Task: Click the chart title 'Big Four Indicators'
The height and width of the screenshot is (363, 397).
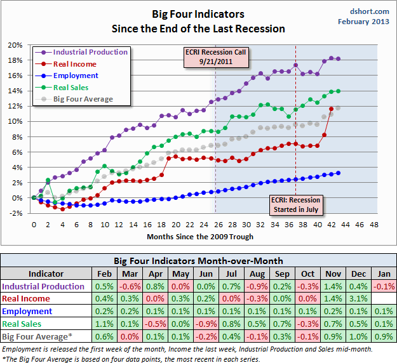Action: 198,13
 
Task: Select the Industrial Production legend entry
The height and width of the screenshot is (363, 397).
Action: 90,52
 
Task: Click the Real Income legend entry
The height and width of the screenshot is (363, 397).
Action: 76,64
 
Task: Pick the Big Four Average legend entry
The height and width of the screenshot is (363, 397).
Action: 83,99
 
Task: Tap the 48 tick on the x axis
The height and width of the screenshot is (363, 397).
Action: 373,225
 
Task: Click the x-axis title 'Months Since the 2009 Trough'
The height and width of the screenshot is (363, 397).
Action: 200,237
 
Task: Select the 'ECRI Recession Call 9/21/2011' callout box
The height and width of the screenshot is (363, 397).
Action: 215,56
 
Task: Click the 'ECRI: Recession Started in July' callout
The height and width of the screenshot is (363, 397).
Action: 295,204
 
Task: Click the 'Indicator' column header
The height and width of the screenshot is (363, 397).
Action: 46,274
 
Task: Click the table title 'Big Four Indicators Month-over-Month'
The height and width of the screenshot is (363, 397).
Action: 198,261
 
